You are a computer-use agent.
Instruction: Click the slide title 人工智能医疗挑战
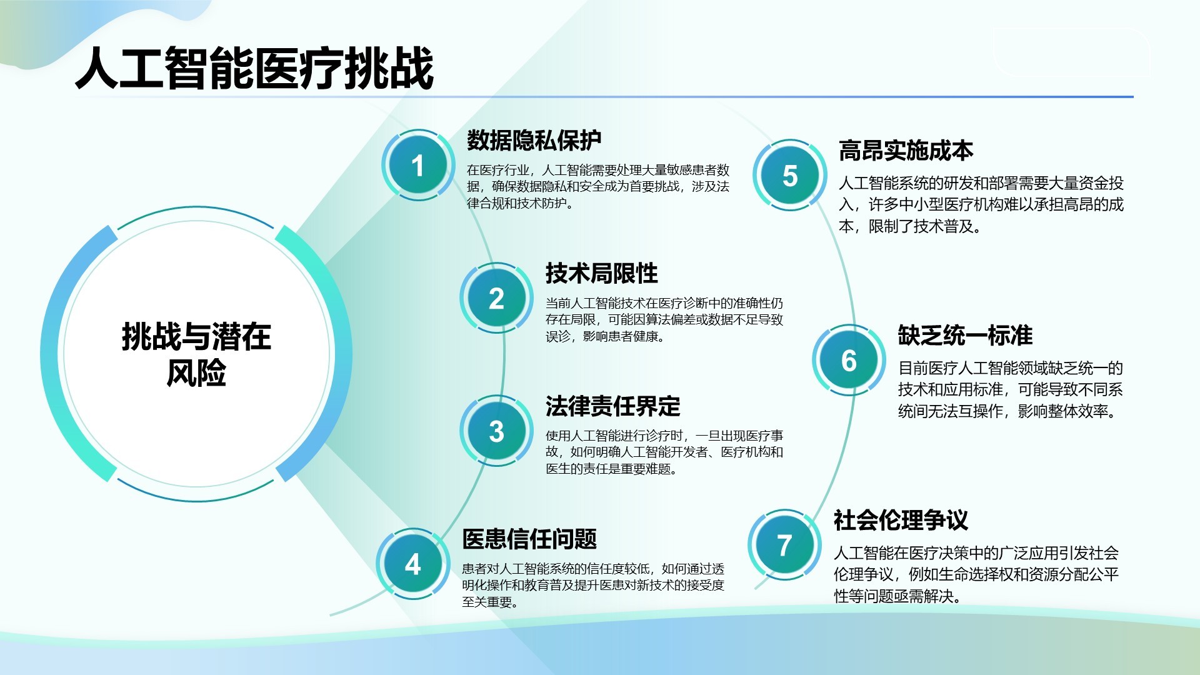(254, 67)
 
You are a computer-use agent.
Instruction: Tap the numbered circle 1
(417, 165)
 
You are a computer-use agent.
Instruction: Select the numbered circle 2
(496, 298)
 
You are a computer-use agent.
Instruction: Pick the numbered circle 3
(496, 431)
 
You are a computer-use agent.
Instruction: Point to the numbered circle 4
(412, 564)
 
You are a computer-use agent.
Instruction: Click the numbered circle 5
(790, 175)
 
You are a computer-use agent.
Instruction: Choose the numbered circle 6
(849, 360)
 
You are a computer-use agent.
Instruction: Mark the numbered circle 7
(784, 545)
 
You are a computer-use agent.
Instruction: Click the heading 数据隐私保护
(534, 141)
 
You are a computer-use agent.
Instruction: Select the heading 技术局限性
(602, 273)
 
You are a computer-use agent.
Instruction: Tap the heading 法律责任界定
(613, 406)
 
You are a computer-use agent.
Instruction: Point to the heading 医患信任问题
(529, 539)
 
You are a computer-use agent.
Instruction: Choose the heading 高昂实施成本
(906, 151)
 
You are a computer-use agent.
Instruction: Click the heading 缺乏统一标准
(966, 336)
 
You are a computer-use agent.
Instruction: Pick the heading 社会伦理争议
(901, 520)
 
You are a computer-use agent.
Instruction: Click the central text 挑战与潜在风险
(196, 354)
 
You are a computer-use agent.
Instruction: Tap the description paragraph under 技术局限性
(664, 320)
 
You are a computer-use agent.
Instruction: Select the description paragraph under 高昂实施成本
(981, 204)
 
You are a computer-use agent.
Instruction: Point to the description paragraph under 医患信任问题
(593, 586)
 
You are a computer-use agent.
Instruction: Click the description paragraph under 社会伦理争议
(976, 574)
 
